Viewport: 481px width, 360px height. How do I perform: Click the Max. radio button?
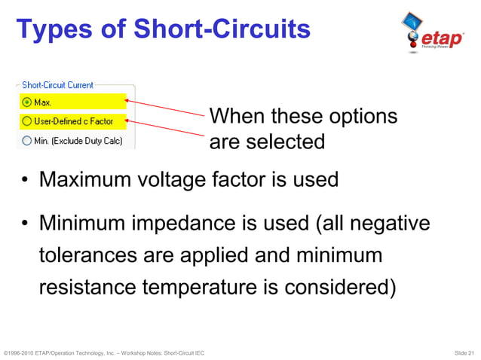click(28, 102)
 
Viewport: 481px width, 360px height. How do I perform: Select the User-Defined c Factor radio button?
click(28, 121)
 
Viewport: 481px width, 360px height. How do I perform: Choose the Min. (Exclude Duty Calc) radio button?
click(28, 139)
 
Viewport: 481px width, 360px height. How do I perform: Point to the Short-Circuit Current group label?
click(63, 86)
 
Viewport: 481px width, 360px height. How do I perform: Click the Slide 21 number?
click(464, 352)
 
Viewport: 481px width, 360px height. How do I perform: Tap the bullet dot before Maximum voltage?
click(24, 182)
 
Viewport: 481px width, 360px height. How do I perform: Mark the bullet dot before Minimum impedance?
click(24, 224)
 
